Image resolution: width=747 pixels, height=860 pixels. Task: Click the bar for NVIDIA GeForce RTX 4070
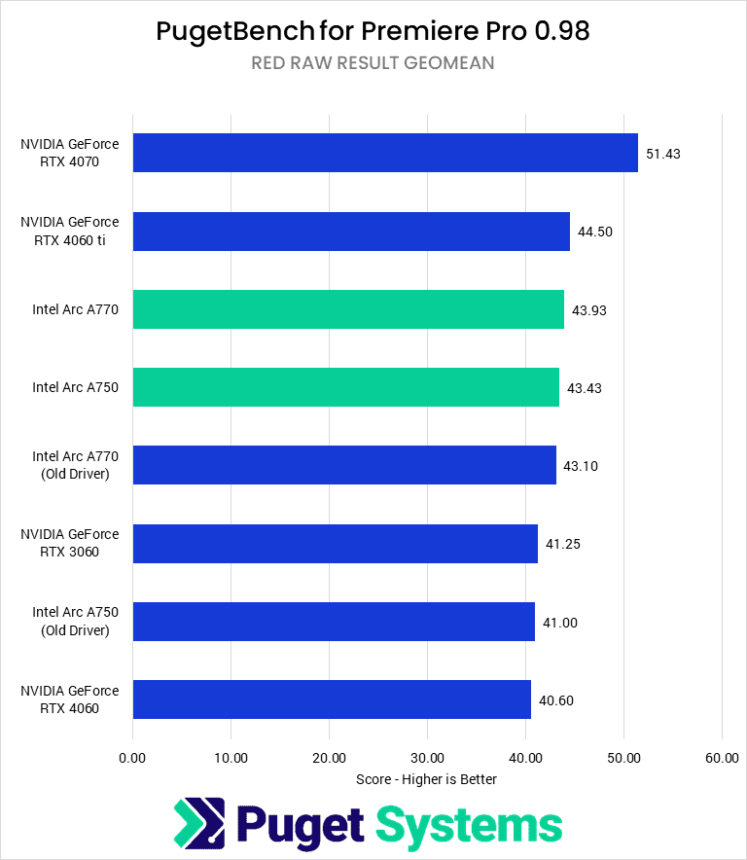pos(384,153)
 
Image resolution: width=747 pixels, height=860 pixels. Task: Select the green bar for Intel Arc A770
pos(347,309)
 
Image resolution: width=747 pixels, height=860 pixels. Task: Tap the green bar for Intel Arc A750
pos(345,387)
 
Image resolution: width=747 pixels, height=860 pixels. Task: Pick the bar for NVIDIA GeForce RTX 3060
pos(335,543)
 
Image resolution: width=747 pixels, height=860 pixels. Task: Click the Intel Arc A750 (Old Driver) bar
pos(334,622)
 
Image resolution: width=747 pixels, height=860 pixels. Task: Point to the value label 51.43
pos(664,154)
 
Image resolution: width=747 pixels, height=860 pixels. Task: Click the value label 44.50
pos(596,232)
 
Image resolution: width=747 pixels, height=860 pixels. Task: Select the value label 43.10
pos(582,466)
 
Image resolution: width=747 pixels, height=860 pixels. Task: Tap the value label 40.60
pos(557,699)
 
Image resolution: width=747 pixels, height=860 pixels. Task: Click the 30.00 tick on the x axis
pos(427,758)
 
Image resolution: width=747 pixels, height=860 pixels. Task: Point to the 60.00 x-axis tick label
pos(721,758)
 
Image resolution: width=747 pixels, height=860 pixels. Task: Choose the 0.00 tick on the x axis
pos(132,758)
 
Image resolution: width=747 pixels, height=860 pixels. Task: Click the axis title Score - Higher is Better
pos(427,779)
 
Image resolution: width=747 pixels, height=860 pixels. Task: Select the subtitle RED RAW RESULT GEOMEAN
pos(373,63)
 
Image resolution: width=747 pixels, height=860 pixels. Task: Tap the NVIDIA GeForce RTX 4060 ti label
pos(70,232)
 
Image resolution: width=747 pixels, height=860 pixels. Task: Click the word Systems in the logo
pos(469,826)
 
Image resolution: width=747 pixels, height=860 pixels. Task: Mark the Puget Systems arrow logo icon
pos(198,824)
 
